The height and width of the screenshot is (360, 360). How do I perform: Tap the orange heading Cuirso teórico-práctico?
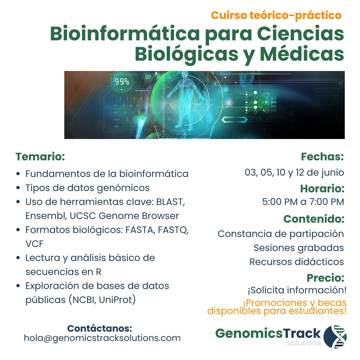(x=276, y=15)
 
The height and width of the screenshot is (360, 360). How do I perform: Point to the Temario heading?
(x=40, y=156)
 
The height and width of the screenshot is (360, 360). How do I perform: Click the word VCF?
(x=34, y=244)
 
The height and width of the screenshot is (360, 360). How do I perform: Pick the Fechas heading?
(x=322, y=156)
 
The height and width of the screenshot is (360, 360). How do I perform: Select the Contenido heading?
(x=314, y=219)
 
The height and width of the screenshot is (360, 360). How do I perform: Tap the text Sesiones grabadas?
(x=299, y=248)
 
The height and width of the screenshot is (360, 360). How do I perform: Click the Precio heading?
(x=325, y=278)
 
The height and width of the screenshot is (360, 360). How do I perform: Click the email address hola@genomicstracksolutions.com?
(x=102, y=338)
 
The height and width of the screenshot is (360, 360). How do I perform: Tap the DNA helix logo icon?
(x=335, y=336)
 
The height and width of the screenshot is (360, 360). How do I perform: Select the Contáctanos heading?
(x=100, y=328)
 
